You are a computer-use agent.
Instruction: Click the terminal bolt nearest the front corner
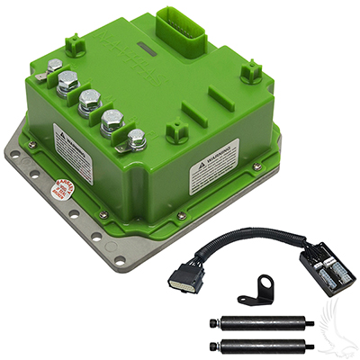[x=136, y=140]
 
